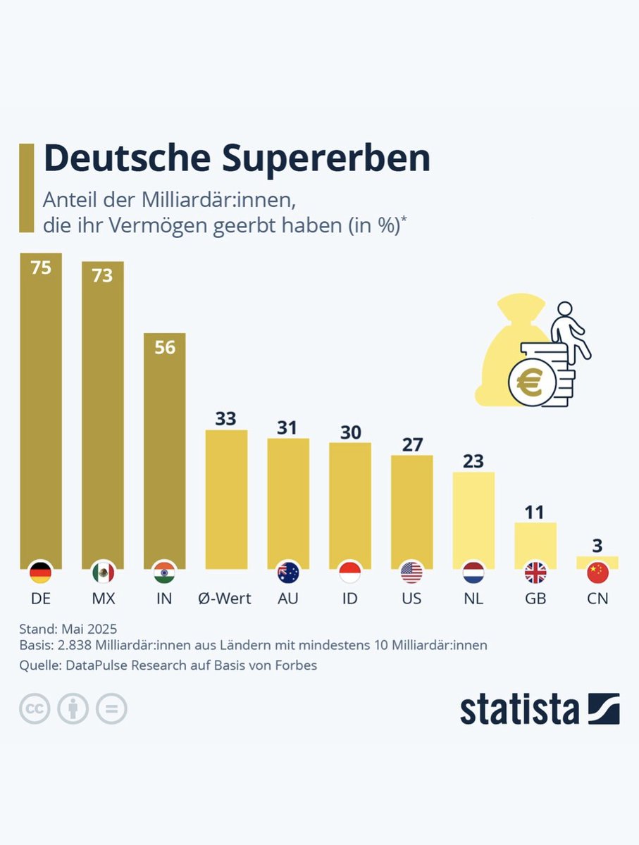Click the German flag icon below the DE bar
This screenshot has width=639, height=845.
click(x=41, y=572)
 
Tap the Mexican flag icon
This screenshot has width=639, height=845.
click(x=103, y=572)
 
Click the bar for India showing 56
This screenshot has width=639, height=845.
click(x=165, y=451)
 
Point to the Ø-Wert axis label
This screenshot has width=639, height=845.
click(x=225, y=599)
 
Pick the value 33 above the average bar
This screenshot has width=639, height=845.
click(x=226, y=418)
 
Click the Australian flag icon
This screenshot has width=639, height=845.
click(x=288, y=572)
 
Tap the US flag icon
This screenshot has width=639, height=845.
click(x=412, y=572)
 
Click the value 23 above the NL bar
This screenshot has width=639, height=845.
click(x=473, y=461)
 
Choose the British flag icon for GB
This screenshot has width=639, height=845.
click(x=535, y=572)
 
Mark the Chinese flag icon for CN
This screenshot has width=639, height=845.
click(x=597, y=572)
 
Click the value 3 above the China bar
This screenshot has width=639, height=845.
click(x=597, y=546)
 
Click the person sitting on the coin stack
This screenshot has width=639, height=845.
click(x=567, y=331)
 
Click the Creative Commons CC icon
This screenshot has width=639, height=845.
click(x=35, y=709)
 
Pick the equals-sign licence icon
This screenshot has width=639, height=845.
click(x=111, y=709)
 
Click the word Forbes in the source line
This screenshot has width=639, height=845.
click(x=295, y=665)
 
